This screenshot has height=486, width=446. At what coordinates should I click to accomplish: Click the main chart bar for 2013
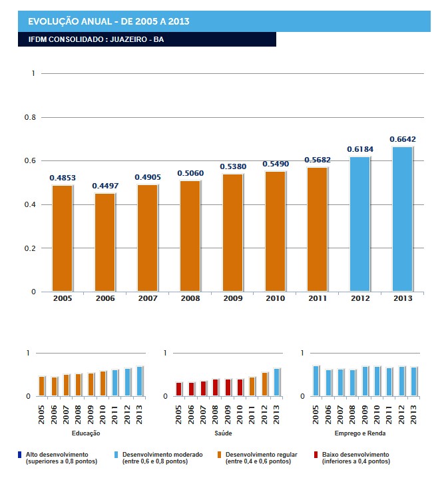pyautogui.click(x=402, y=219)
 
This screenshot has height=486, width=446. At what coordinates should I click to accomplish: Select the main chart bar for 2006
pyautogui.click(x=105, y=242)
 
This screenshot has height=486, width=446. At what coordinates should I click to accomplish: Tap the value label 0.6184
pyautogui.click(x=359, y=150)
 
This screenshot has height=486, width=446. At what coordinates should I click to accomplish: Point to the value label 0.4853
pyautogui.click(x=62, y=178)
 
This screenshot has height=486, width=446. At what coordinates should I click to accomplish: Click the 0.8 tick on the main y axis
pyautogui.click(x=30, y=117)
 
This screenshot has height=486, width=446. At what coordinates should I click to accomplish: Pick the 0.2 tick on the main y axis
pyautogui.click(x=30, y=248)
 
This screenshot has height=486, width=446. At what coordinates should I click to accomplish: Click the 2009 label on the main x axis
pyautogui.click(x=232, y=299)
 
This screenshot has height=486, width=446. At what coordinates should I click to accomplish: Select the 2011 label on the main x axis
pyautogui.click(x=318, y=299)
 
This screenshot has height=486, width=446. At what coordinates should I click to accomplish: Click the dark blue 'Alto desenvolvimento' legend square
pyautogui.click(x=20, y=455)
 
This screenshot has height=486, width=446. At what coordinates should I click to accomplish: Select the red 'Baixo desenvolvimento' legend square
pyautogui.click(x=315, y=455)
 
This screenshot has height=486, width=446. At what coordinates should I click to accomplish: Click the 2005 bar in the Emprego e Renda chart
pyautogui.click(x=316, y=381)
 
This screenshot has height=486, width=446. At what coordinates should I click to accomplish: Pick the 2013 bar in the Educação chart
pyautogui.click(x=140, y=381)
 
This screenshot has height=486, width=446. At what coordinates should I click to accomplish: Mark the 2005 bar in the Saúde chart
pyautogui.click(x=178, y=389)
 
